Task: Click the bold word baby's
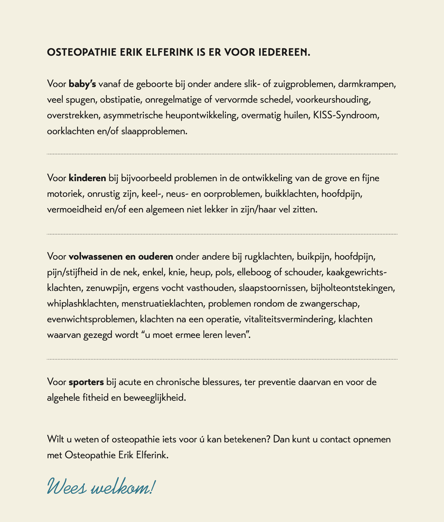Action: coord(82,84)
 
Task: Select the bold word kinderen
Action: coord(87,178)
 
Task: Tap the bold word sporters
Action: coord(86,382)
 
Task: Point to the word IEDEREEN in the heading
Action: coord(284,52)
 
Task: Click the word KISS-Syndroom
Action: coord(346,116)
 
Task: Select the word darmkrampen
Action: coord(367,84)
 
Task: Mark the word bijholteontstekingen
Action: coord(353,288)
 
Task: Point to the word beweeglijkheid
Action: coord(154,397)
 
